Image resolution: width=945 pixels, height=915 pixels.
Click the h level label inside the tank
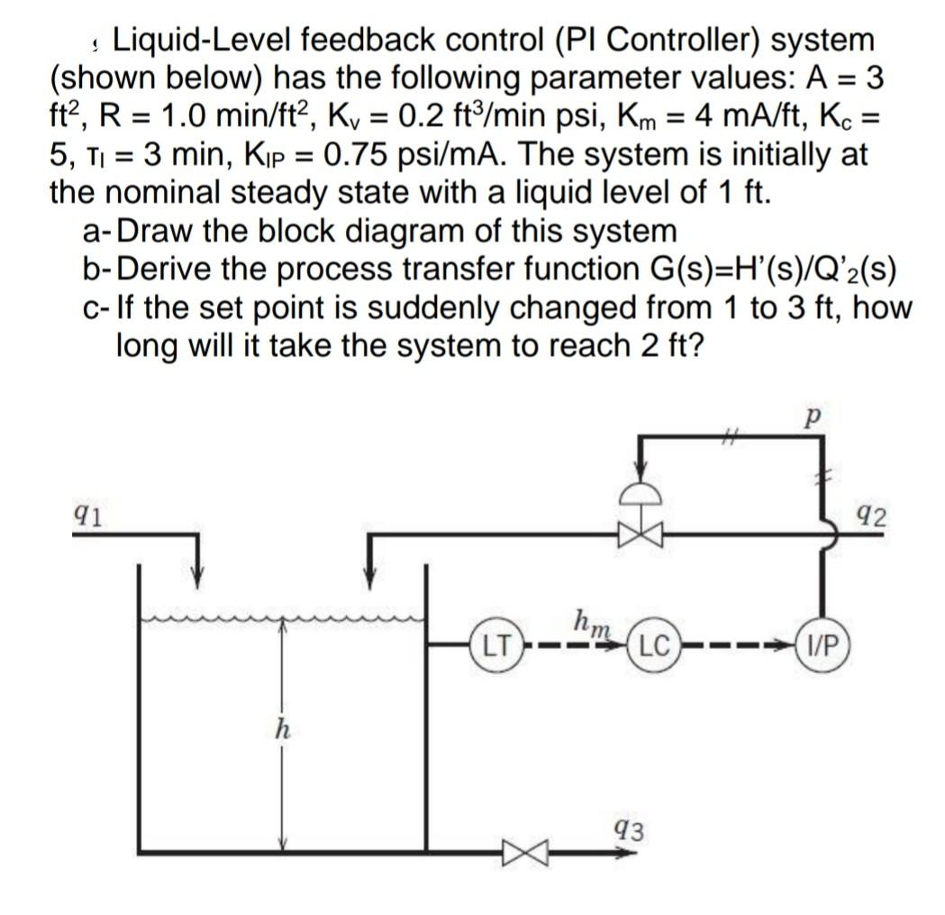click(x=280, y=730)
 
